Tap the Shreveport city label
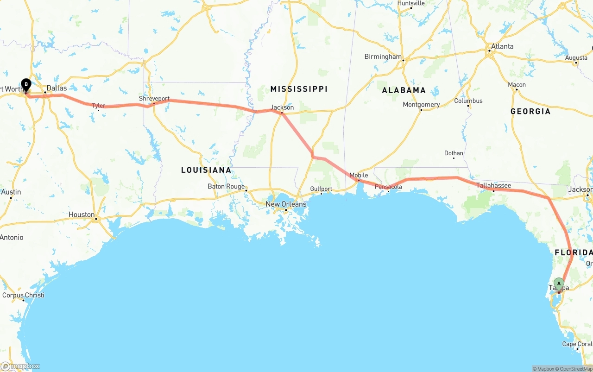(x=154, y=99)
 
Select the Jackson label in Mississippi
(x=282, y=107)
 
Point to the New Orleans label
(x=286, y=204)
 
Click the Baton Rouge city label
(x=226, y=187)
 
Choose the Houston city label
(x=82, y=215)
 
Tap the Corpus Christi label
(x=23, y=295)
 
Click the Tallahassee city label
(x=494, y=186)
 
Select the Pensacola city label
(x=388, y=187)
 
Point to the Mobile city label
(x=359, y=175)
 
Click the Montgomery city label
(x=421, y=105)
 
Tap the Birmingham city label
(x=383, y=57)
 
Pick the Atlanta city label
(x=502, y=46)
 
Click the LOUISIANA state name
(x=206, y=170)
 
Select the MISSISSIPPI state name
(x=299, y=89)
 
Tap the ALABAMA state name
(x=404, y=90)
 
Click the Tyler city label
(x=99, y=106)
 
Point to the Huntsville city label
(x=411, y=3)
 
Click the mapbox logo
(x=20, y=366)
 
